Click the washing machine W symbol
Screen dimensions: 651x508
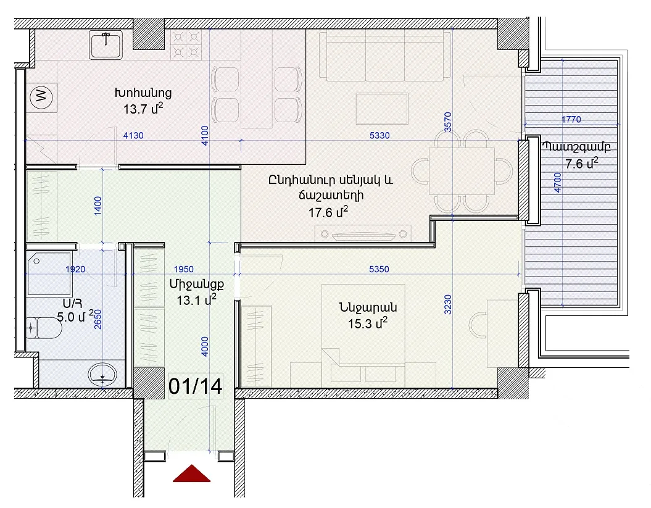[41, 97]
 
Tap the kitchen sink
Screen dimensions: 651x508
[106, 45]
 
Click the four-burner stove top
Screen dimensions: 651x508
[186, 44]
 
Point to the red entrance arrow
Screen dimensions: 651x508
[191, 473]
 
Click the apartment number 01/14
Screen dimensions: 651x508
[195, 386]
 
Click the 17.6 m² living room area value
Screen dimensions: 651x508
[328, 212]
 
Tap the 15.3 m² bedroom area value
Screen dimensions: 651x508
[368, 323]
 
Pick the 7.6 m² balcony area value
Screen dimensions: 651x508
[582, 163]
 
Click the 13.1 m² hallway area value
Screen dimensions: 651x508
[196, 300]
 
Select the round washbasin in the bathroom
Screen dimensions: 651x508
[102, 375]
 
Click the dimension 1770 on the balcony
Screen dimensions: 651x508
[571, 120]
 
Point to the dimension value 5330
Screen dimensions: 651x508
[379, 135]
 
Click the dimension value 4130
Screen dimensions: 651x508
[133, 135]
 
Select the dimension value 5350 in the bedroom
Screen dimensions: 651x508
[379, 269]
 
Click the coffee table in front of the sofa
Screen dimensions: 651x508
[382, 109]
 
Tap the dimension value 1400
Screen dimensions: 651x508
[97, 206]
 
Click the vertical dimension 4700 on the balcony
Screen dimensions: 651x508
[557, 183]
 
